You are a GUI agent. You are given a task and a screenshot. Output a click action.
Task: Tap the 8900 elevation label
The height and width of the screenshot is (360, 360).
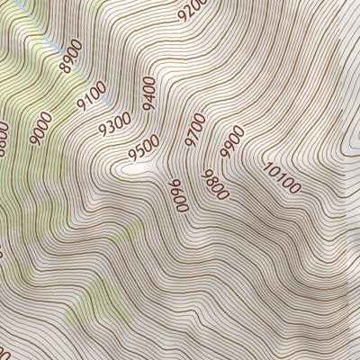[x=69, y=55]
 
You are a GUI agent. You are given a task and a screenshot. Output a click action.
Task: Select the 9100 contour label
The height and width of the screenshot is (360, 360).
[x=93, y=96]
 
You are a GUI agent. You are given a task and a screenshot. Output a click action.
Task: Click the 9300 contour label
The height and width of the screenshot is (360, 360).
[x=114, y=123]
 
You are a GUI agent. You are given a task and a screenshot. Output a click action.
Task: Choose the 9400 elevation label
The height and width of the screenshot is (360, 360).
[x=148, y=91]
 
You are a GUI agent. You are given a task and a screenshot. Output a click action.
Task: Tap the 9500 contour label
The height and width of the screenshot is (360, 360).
[x=143, y=147]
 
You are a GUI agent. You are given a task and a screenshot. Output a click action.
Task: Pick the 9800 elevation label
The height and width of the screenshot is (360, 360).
[x=216, y=184]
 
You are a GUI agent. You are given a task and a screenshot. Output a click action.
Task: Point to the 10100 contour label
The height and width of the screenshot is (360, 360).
[x=283, y=177]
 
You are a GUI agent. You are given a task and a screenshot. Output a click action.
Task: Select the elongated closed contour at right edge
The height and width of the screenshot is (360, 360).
[x=346, y=144]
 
